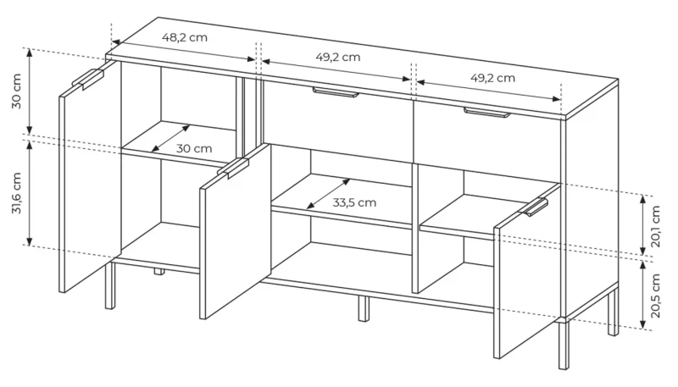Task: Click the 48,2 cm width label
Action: coord(184,38)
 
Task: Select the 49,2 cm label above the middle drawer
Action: coord(337,58)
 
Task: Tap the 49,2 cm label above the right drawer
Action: coord(492,78)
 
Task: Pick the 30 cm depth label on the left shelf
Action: coord(194,148)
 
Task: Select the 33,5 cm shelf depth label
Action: coord(354,202)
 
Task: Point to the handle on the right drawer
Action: coord(485,113)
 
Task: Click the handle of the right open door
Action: coord(536,207)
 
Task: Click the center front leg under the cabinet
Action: coord(364,308)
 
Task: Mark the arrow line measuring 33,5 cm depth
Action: coord(329,194)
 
